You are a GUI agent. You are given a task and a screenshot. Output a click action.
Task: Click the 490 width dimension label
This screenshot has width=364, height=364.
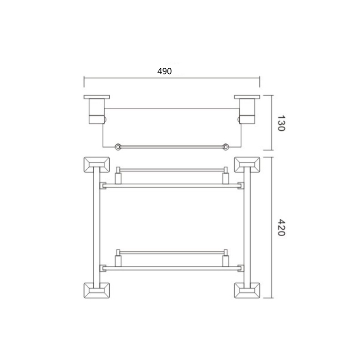[164, 71]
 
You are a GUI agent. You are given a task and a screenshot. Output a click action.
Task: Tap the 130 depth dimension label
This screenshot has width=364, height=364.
[281, 123]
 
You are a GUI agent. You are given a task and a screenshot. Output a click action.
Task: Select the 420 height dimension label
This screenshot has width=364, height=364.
[281, 227]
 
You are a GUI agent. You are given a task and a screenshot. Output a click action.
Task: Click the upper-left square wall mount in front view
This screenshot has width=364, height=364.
[96, 165]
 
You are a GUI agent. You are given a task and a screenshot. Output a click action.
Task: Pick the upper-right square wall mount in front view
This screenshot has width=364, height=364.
[247, 165]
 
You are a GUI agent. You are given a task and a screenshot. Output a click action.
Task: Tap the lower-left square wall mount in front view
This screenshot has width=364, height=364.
[96, 290]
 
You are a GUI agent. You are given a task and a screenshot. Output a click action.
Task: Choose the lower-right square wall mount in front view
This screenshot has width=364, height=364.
[247, 290]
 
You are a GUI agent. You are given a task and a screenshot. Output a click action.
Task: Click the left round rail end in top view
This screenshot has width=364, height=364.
[118, 147]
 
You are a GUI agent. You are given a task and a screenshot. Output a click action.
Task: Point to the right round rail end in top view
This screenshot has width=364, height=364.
[225, 147]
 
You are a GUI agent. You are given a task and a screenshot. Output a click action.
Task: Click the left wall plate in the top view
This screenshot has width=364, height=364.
[96, 97]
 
